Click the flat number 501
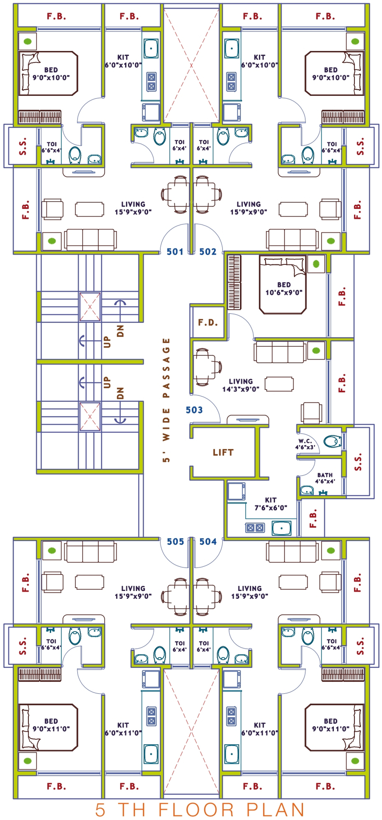pyautogui.click(x=175, y=252)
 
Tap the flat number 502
pyautogui.click(x=208, y=252)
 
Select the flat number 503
pyautogui.click(x=194, y=410)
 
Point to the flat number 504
pyautogui.click(x=208, y=541)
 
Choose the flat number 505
pyautogui.click(x=175, y=541)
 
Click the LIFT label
pyautogui.click(x=223, y=452)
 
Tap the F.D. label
pyautogui.click(x=208, y=322)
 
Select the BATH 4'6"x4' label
pyautogui.click(x=325, y=478)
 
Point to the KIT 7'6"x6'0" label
pyautogui.click(x=270, y=504)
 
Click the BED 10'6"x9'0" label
pyautogui.click(x=284, y=288)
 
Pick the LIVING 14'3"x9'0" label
pyautogui.click(x=241, y=385)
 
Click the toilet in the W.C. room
pyautogui.click(x=332, y=441)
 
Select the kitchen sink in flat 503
pyautogui.click(x=281, y=528)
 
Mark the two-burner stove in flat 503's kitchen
pyautogui.click(x=255, y=528)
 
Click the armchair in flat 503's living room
pyautogui.click(x=311, y=413)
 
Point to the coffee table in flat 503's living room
pyautogui.click(x=279, y=384)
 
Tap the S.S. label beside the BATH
pyautogui.click(x=358, y=462)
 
